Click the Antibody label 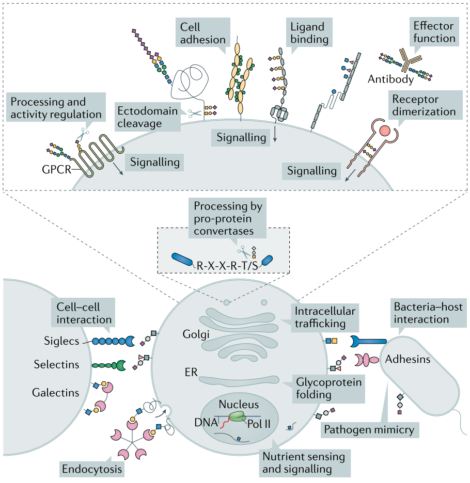(x=390, y=79)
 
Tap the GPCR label (x=56, y=169)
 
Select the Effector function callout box (x=434, y=31)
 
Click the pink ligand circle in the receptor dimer (x=385, y=131)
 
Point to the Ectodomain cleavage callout (x=148, y=117)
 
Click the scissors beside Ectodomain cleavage (x=195, y=114)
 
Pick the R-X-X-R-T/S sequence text (x=227, y=266)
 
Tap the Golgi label (x=196, y=334)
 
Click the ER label (x=191, y=373)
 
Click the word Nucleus (x=239, y=404)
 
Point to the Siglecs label (x=61, y=341)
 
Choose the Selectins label (x=56, y=364)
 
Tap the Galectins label (x=55, y=393)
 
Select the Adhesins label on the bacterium (x=408, y=359)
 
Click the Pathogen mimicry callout (x=369, y=430)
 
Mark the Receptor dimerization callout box (x=424, y=105)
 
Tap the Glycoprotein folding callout (x=329, y=389)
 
